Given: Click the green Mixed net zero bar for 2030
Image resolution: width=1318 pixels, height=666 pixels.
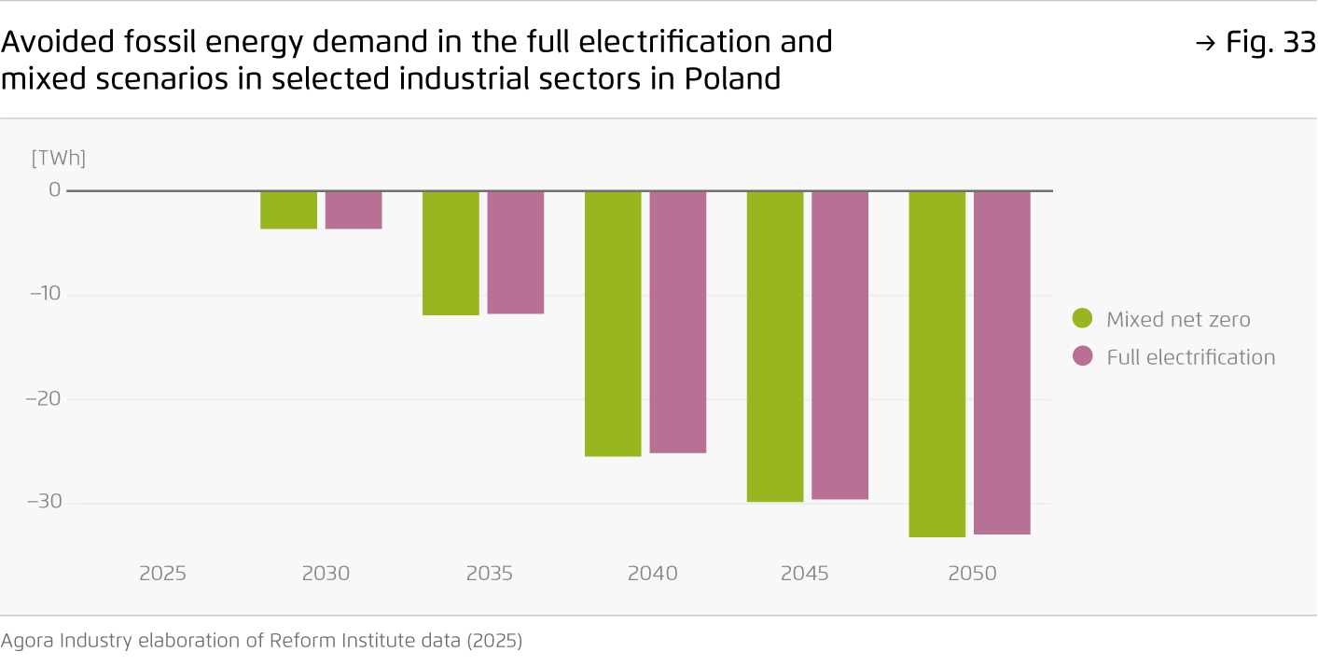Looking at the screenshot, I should (x=288, y=210).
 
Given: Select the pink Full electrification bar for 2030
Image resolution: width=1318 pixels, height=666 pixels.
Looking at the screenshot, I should (x=354, y=210).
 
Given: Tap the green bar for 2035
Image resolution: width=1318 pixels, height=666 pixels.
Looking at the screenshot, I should (x=451, y=253).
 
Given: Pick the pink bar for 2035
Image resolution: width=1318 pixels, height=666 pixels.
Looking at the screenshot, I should (x=516, y=252).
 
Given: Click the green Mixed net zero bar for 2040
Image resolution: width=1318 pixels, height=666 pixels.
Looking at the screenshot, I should (x=613, y=323).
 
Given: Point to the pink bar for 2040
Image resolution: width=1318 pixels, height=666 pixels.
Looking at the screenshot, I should (x=678, y=322).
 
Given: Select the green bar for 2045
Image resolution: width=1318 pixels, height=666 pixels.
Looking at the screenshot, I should (x=775, y=346).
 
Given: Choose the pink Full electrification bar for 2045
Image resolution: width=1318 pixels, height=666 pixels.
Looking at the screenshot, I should (x=839, y=345).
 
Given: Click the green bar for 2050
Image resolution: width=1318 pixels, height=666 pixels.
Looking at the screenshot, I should (x=937, y=364).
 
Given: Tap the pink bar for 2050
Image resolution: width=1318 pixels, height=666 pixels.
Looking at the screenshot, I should (x=1002, y=362).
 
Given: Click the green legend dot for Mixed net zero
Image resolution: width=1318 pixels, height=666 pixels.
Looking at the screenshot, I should (x=1082, y=319).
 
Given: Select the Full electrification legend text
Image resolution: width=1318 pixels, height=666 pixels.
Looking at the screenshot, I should (x=1190, y=357).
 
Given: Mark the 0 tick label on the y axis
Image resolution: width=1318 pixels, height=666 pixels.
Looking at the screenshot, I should (x=54, y=190).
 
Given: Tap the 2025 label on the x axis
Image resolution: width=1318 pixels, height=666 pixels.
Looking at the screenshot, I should (x=163, y=573).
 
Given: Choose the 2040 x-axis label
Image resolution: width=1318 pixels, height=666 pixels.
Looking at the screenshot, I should (x=652, y=573).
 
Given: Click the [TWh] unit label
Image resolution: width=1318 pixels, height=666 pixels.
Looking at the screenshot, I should (x=58, y=159).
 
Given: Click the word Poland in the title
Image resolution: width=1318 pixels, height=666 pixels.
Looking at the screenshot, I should (x=732, y=79).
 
